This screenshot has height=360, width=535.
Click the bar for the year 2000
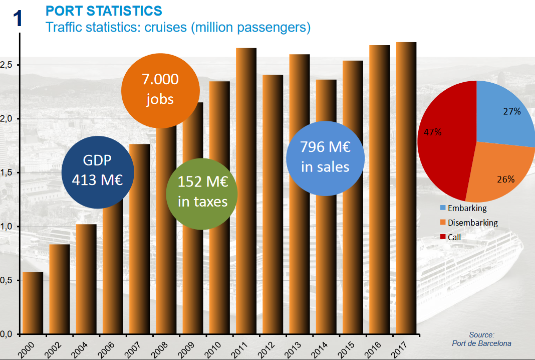coord(33,303)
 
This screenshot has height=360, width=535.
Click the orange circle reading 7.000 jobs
coord(160,89)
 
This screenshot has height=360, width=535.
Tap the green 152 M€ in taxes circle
coord(202,194)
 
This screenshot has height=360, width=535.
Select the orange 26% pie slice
coord(498,170)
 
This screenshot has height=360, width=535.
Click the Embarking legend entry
coord(463,208)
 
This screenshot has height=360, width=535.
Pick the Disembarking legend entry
coord(468,223)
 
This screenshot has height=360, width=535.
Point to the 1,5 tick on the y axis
coord(7,173)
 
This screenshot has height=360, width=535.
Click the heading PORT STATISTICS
coord(104,11)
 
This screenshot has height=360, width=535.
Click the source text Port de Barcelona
coord(481,343)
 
